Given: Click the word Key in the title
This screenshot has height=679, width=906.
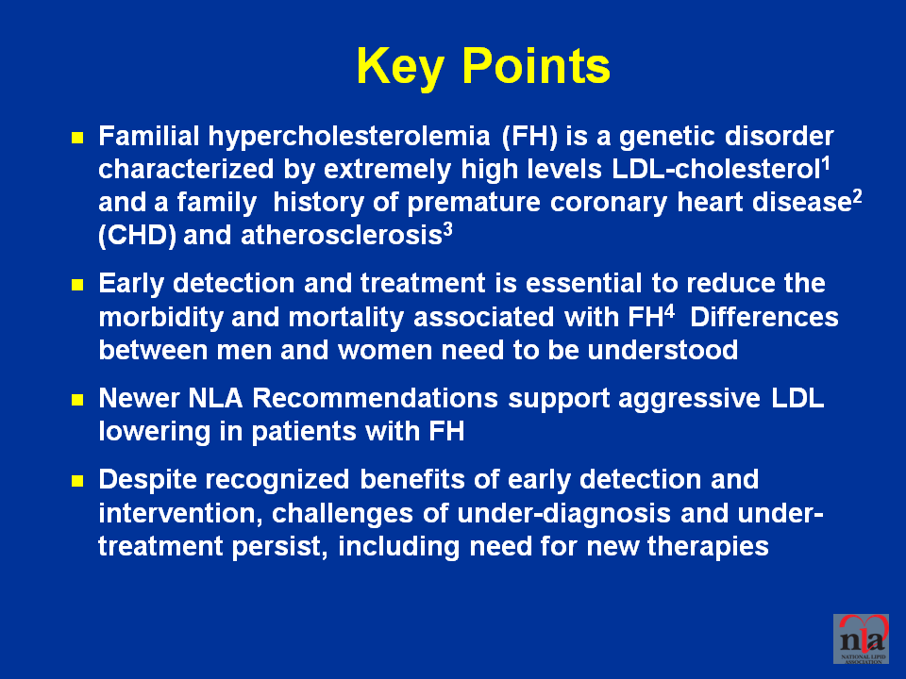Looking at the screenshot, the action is click(x=400, y=68).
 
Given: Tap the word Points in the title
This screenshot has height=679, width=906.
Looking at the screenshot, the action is click(x=536, y=65).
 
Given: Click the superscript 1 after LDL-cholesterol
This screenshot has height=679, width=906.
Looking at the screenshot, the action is click(x=826, y=163).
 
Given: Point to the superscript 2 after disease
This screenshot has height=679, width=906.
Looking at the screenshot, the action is click(x=857, y=197).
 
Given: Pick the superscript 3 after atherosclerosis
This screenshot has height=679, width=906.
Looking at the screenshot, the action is click(x=447, y=230).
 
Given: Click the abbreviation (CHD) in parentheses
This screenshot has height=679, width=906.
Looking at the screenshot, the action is click(x=138, y=236).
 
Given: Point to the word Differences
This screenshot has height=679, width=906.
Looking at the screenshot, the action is click(x=763, y=317).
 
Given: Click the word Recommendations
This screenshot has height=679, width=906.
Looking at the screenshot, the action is click(x=375, y=398).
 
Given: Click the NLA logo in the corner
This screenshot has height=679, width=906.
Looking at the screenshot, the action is click(x=861, y=638).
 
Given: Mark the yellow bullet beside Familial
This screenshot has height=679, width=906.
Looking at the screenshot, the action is click(x=77, y=138).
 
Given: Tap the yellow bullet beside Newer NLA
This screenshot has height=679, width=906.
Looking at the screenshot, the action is click(x=77, y=400).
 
